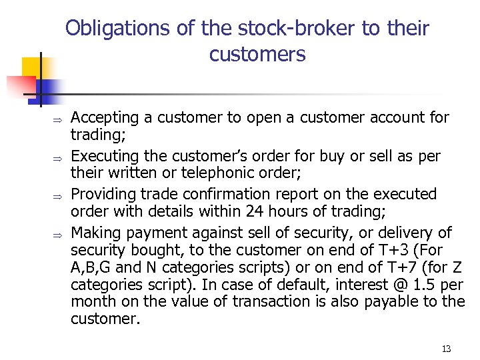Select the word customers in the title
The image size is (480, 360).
pos(257,54)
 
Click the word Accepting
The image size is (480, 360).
pos(102,118)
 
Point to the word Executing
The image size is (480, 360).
pos(102,156)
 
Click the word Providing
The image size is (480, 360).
pos(101,194)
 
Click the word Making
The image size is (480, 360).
pos(94,233)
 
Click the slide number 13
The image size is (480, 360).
pos(446,349)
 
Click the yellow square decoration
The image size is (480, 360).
pos(32,67)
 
